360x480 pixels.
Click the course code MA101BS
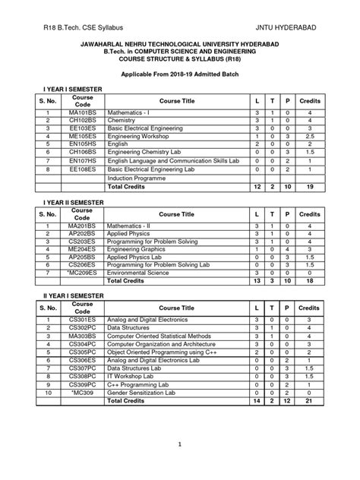(x=82, y=112)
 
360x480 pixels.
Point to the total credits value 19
(x=309, y=185)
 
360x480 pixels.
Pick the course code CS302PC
(x=82, y=328)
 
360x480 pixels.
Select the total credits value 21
(x=309, y=401)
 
